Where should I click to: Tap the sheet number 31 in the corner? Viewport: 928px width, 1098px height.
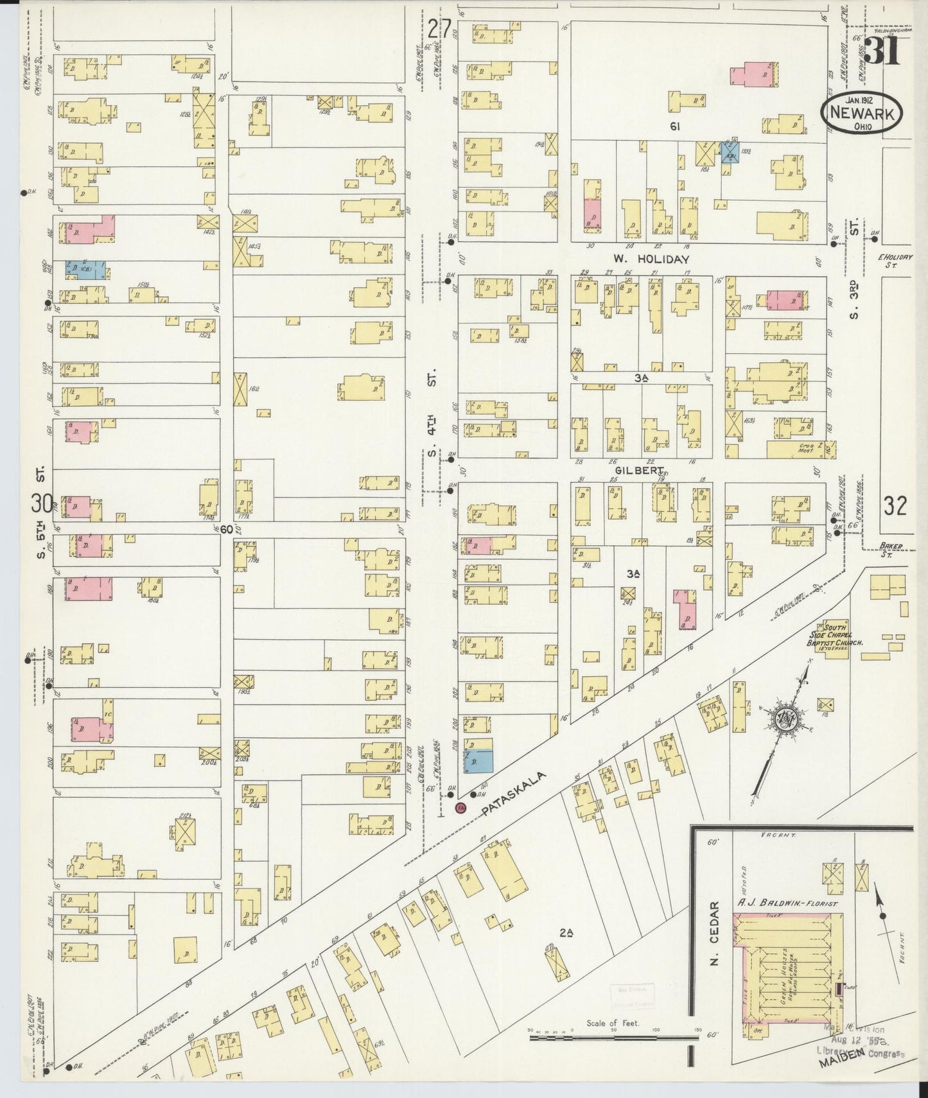pyautogui.click(x=882, y=50)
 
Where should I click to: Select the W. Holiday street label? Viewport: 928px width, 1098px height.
pyautogui.click(x=651, y=259)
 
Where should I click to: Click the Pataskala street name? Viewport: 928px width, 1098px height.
pyautogui.click(x=514, y=795)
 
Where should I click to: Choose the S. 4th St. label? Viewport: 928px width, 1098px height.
pyautogui.click(x=432, y=414)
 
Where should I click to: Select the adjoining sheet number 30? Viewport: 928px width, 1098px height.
pyautogui.click(x=44, y=502)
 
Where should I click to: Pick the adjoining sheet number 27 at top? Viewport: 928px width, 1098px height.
pyautogui.click(x=440, y=29)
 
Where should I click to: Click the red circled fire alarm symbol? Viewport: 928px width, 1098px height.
pyautogui.click(x=460, y=808)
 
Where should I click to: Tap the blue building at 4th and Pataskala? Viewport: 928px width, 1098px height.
pyautogui.click(x=478, y=761)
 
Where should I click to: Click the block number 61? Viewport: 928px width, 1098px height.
pyautogui.click(x=674, y=127)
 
